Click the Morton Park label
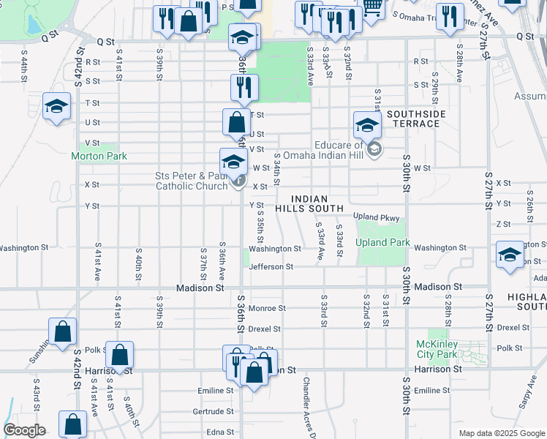tap(99, 156)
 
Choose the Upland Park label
tap(380, 243)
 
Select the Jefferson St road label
tap(271, 267)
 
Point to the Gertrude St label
tap(213, 411)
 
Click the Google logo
tap(24, 429)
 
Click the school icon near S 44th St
tap(56, 106)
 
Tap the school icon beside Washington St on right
tap(510, 254)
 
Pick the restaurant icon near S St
tap(244, 86)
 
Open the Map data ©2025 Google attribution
tap(501, 433)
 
